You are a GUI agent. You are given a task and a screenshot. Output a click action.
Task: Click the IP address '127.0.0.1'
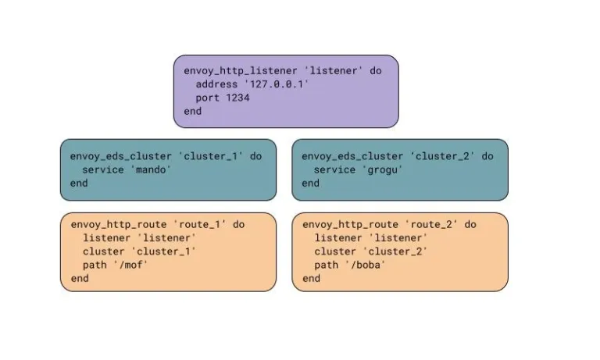pyautogui.click(x=277, y=84)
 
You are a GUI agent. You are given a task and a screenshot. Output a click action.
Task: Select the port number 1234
pyautogui.click(x=237, y=98)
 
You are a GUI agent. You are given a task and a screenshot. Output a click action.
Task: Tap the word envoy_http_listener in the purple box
pyautogui.click(x=241, y=71)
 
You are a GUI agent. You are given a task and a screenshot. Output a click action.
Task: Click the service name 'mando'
pyautogui.click(x=151, y=169)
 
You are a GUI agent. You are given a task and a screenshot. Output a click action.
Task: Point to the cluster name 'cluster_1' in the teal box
pyautogui.click(x=210, y=156)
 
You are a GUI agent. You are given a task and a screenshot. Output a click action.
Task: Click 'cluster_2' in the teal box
pyautogui.click(x=442, y=156)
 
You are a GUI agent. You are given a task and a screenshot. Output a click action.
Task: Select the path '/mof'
pyautogui.click(x=130, y=265)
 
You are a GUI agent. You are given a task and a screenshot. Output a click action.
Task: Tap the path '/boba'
pyautogui.click(x=366, y=265)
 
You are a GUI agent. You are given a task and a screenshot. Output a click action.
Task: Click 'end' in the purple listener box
pyautogui.click(x=192, y=112)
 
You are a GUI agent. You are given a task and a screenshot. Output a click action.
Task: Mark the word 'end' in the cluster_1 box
pyautogui.click(x=79, y=184)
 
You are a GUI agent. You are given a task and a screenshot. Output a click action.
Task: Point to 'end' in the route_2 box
pyautogui.click(x=311, y=279)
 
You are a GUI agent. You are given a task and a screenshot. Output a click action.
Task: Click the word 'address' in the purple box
pyautogui.click(x=216, y=84)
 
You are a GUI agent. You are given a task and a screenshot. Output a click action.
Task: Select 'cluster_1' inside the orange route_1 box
pyautogui.click(x=164, y=251)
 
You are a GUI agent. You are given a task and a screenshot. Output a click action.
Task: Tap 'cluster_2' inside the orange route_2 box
pyautogui.click(x=395, y=251)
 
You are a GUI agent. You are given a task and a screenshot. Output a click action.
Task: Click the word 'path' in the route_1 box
pyautogui.click(x=95, y=265)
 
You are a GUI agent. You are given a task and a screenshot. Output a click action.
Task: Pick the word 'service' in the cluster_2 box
pyautogui.click(x=334, y=170)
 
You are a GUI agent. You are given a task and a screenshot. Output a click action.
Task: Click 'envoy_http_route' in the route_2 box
pyautogui.click(x=350, y=225)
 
